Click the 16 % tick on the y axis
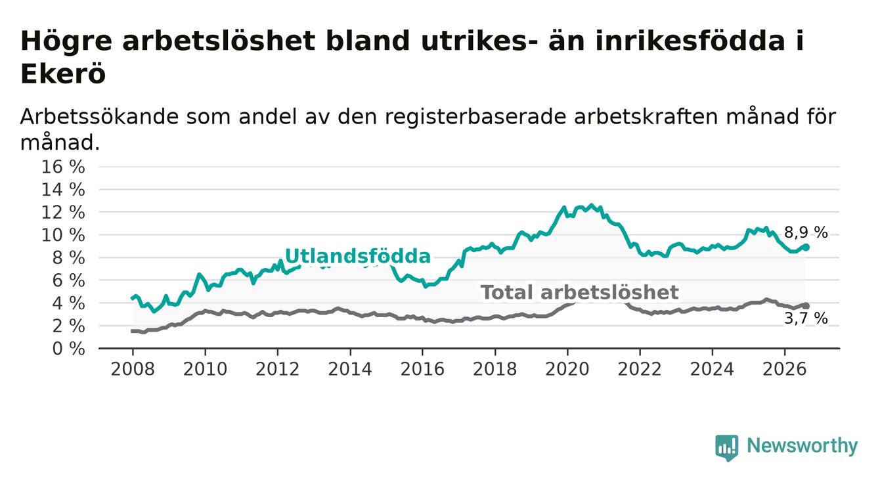click(x=63, y=167)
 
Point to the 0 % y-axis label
click(x=68, y=349)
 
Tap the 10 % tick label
click(x=63, y=235)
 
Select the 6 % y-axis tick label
click(x=68, y=281)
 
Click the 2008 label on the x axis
click(x=133, y=370)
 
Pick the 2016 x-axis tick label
click(x=422, y=370)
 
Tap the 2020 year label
click(x=567, y=370)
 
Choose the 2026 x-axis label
click(x=785, y=370)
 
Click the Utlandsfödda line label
click(x=358, y=256)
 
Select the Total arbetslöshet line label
click(x=579, y=293)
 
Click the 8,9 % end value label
click(x=806, y=233)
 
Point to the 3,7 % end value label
click(x=806, y=318)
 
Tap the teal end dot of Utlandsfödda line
click(x=806, y=247)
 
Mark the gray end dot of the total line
click(x=806, y=306)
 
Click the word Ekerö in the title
click(x=63, y=74)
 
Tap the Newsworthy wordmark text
click(x=802, y=446)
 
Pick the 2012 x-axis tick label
click(x=277, y=370)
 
